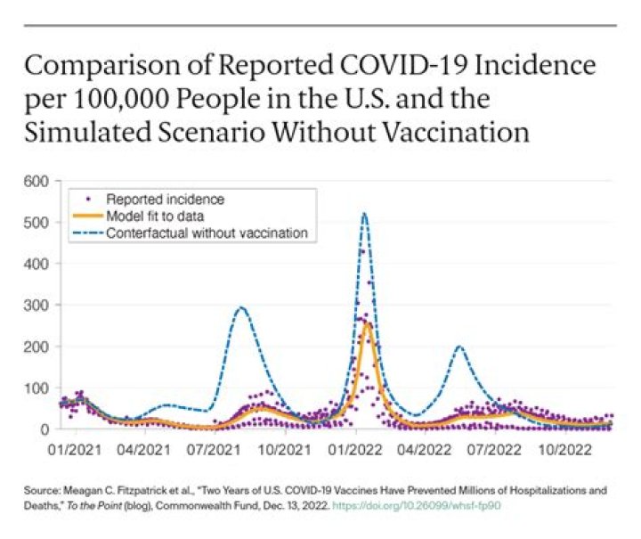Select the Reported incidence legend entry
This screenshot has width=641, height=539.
(x=151, y=199)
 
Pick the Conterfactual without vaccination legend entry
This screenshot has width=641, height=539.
(x=207, y=233)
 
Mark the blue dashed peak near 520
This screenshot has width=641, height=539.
(x=364, y=214)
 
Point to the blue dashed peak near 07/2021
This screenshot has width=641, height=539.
(x=240, y=308)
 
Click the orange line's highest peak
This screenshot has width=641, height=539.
(x=366, y=323)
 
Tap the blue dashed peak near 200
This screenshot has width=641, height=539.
(x=458, y=347)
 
